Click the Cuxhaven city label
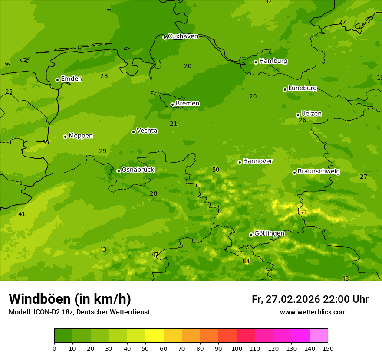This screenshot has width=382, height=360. pyautogui.click(x=183, y=36)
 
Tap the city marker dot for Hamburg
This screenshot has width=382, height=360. pyautogui.click(x=256, y=62)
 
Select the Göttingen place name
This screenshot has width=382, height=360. pyautogui.click(x=269, y=233)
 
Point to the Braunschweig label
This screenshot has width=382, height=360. pyautogui.click(x=319, y=171)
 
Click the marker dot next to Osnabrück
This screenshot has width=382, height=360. pyautogui.click(x=119, y=171)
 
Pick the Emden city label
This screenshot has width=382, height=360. pyautogui.click(x=71, y=79)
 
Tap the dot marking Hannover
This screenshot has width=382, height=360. pyautogui.click(x=240, y=162)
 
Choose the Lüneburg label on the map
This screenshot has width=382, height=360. pyautogui.click(x=302, y=88)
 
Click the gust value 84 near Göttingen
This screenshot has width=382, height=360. pyautogui.click(x=246, y=261)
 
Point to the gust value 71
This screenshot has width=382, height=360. pyautogui.click(x=304, y=212)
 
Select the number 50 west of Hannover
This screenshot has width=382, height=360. pyautogui.click(x=216, y=170)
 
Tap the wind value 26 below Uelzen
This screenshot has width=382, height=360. pyautogui.click(x=303, y=120)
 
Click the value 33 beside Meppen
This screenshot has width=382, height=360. pyautogui.click(x=46, y=142)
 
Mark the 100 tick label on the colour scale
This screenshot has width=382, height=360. pyautogui.click(x=237, y=348)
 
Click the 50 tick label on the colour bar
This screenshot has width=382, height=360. pyautogui.click(x=145, y=348)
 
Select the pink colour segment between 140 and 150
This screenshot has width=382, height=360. pyautogui.click(x=319, y=335)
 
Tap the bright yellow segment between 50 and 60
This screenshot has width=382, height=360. pyautogui.click(x=155, y=335)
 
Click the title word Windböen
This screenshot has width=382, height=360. pyautogui.click(x=40, y=299)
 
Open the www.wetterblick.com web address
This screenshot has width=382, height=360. pyautogui.click(x=313, y=312)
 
